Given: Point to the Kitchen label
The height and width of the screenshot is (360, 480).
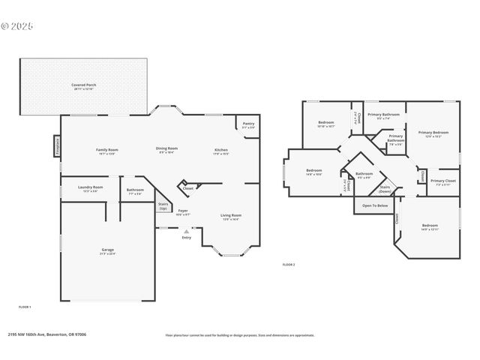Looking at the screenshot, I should [x=221, y=151].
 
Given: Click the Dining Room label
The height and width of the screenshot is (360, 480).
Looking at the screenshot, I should [x=166, y=149].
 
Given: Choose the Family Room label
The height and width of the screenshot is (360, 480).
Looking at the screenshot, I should [x=107, y=151].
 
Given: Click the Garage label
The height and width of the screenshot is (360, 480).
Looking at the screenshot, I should [x=108, y=250].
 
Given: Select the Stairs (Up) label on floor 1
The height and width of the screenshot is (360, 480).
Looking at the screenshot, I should [x=163, y=205].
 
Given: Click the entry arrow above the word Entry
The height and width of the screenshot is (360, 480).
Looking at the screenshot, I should [x=186, y=232].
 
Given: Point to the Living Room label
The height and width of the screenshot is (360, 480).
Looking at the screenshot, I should [x=229, y=217].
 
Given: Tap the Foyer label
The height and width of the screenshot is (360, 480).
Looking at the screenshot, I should [x=182, y=212].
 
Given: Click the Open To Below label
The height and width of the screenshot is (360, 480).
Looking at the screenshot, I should [x=375, y=205].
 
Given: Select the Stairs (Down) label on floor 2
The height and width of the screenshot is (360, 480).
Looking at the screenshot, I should [x=385, y=189].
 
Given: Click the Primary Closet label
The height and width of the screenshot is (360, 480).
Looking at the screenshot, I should [x=443, y=182].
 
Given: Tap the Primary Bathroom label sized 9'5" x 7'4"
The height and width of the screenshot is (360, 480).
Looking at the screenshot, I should [x=383, y=115].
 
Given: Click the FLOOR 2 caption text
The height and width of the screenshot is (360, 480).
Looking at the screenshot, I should [x=289, y=265].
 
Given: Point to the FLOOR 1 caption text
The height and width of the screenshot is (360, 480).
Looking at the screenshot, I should [x=25, y=307].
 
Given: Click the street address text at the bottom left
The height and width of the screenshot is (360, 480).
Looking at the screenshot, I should [x=46, y=334].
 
